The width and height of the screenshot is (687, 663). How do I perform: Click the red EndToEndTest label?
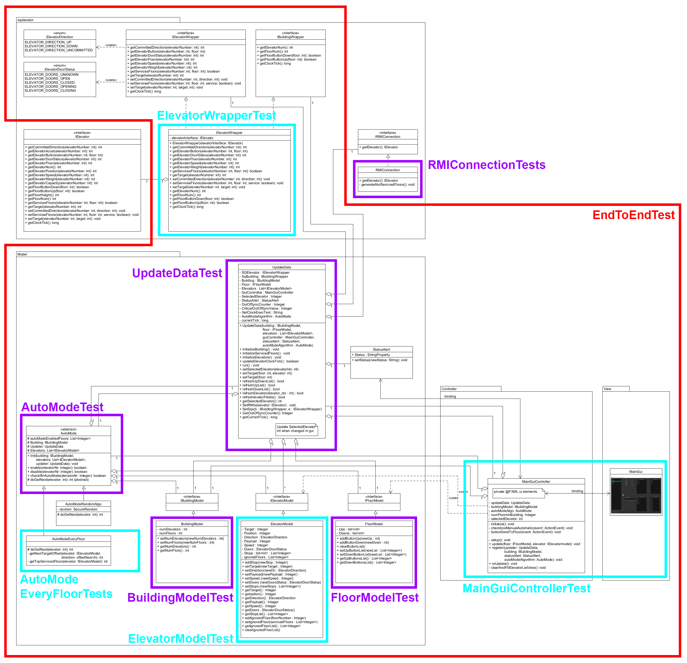[633, 215]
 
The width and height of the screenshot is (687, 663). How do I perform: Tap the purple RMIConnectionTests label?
[486, 165]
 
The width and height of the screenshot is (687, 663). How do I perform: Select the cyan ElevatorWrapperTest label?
[216, 116]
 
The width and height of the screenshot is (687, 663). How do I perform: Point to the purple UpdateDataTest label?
[177, 273]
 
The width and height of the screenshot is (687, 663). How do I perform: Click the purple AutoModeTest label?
[62, 407]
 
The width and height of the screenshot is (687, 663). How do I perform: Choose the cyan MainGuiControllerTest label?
[526, 588]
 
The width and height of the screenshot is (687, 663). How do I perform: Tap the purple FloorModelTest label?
[375, 597]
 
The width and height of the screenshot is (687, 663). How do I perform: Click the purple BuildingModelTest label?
[180, 597]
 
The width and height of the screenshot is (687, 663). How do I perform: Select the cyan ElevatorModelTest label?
[181, 639]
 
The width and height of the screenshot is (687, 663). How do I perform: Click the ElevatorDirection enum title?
[60, 37]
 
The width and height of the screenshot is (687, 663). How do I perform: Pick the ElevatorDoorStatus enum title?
[60, 69]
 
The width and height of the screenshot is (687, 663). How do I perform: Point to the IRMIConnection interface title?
[388, 137]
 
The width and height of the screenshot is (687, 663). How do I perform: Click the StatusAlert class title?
[381, 349]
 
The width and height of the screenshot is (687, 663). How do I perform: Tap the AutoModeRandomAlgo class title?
[83, 504]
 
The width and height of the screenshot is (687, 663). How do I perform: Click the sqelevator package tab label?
[26, 20]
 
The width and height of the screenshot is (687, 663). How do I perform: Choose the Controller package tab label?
[449, 389]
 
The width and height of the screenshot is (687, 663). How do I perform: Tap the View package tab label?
[607, 389]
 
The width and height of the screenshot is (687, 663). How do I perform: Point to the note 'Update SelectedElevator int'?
[296, 429]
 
